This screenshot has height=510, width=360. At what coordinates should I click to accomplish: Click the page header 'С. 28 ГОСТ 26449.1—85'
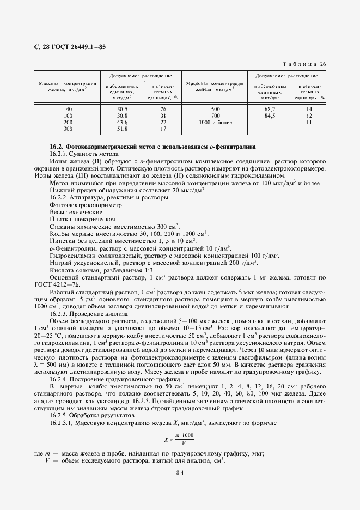click(x=69, y=47)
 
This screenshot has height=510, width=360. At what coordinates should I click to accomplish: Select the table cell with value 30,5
click(x=122, y=109)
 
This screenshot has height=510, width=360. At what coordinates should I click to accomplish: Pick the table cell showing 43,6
click(x=122, y=123)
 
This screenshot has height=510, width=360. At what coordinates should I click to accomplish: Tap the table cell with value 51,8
click(x=122, y=129)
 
